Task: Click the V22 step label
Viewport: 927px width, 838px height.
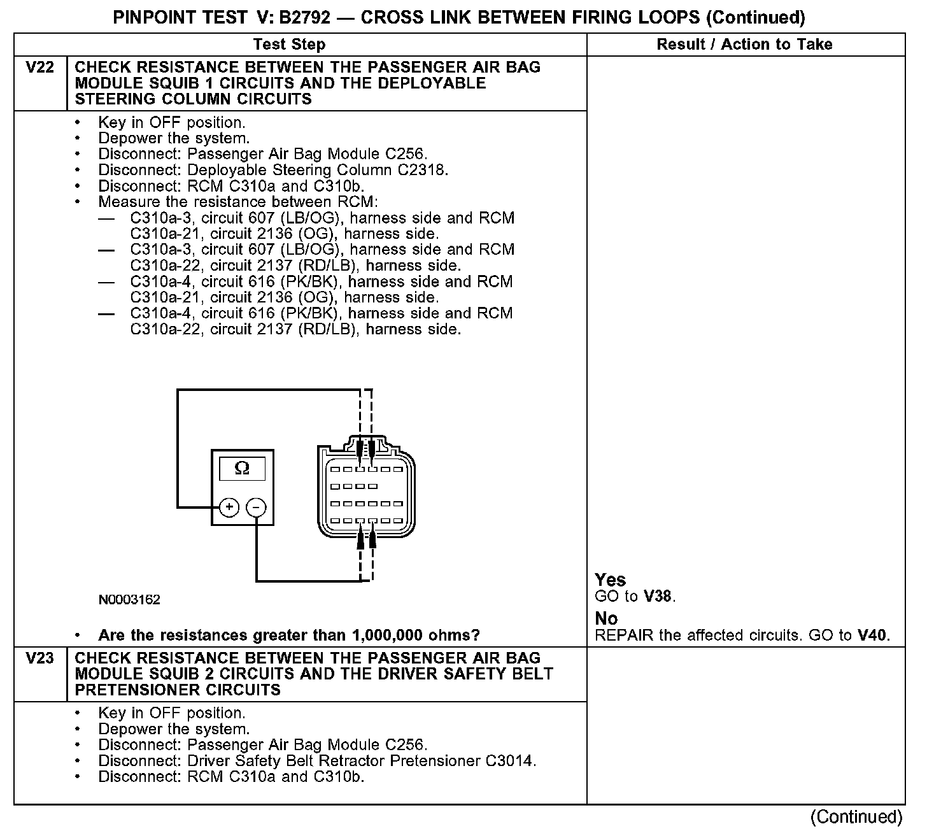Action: click(x=39, y=67)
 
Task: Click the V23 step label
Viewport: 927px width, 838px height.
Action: click(x=39, y=658)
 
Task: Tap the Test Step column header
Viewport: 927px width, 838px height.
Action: click(x=289, y=45)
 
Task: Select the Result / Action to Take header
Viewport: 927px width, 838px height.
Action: click(x=744, y=45)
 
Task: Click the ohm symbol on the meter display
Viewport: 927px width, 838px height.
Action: click(x=242, y=469)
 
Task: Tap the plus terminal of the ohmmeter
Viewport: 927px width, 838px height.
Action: click(x=229, y=508)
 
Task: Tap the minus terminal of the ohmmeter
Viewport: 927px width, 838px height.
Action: click(x=256, y=508)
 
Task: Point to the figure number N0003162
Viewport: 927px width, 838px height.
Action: click(x=129, y=600)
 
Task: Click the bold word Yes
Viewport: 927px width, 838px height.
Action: click(x=610, y=580)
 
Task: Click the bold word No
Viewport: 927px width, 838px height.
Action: click(x=606, y=618)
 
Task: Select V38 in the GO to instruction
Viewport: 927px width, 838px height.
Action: click(x=658, y=597)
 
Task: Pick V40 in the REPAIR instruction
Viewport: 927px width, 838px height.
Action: click(x=872, y=636)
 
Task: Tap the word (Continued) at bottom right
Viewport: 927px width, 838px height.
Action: click(x=856, y=817)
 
